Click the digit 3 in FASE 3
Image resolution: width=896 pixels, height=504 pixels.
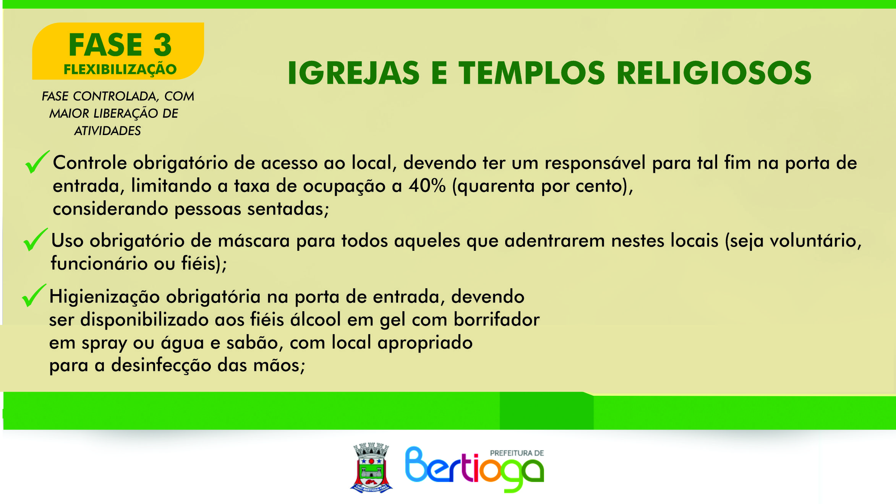[x=163, y=45]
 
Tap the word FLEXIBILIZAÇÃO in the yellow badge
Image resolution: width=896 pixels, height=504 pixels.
[x=120, y=70]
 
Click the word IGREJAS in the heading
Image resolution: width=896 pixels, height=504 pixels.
[x=353, y=73]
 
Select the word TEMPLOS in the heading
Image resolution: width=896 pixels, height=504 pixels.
[x=532, y=73]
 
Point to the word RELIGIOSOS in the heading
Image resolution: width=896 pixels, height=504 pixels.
[x=714, y=73]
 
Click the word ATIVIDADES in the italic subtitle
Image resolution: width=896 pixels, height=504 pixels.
[x=107, y=131]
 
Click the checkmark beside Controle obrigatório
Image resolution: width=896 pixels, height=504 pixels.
[x=37, y=162]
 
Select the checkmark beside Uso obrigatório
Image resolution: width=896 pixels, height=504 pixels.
[x=36, y=239]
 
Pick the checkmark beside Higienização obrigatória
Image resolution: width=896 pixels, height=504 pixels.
[x=34, y=295]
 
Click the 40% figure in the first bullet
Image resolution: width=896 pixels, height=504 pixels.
[x=427, y=186]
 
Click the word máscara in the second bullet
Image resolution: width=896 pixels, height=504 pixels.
[x=254, y=241]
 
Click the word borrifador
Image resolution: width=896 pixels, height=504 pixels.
[x=497, y=319]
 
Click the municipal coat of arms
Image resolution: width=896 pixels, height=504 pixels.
[x=371, y=468]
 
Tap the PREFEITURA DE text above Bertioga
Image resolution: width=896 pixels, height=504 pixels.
[x=517, y=453]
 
